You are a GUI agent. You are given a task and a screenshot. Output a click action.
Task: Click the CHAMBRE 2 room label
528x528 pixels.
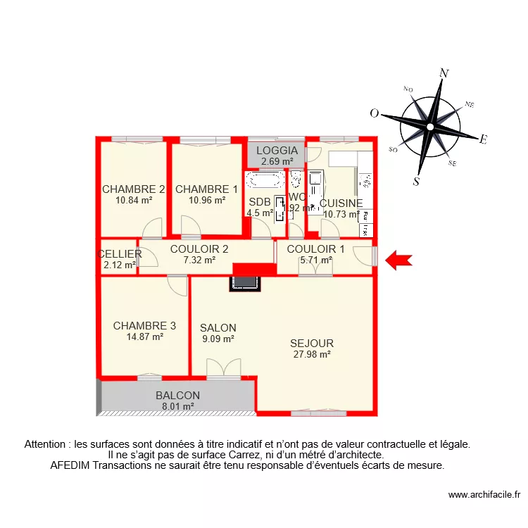tap(133, 189)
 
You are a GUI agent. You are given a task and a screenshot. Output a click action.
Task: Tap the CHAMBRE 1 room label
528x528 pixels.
tap(206, 189)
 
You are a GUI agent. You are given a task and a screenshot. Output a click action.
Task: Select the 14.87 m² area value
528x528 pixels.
tap(144, 337)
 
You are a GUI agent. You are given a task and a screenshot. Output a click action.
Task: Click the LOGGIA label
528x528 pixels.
tap(277, 151)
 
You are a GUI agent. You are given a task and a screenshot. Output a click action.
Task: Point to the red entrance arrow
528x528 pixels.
tap(399, 260)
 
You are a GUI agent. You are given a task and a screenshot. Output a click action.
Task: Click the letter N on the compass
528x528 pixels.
tap(444, 73)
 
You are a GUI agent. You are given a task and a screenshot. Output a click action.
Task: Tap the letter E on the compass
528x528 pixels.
tap(483, 139)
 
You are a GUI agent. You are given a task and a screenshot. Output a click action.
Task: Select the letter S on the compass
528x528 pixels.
tap(416, 181)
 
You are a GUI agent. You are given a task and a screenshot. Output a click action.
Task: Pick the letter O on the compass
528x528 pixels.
tap(375, 113)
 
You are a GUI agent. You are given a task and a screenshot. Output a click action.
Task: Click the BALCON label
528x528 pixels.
tap(177, 396)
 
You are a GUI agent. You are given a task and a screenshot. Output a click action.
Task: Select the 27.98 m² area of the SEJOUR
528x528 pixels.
tap(312, 354)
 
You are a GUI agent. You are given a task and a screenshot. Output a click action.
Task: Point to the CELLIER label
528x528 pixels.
tap(120, 254)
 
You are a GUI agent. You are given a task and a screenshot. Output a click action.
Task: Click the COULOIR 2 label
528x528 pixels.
tap(199, 249)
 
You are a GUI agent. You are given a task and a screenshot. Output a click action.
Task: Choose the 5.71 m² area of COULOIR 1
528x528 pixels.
tap(316, 260)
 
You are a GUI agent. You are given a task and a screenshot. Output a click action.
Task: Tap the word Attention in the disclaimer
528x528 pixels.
tap(47, 444)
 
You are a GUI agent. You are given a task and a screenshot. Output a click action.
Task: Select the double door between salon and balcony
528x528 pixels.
tap(223, 368)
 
